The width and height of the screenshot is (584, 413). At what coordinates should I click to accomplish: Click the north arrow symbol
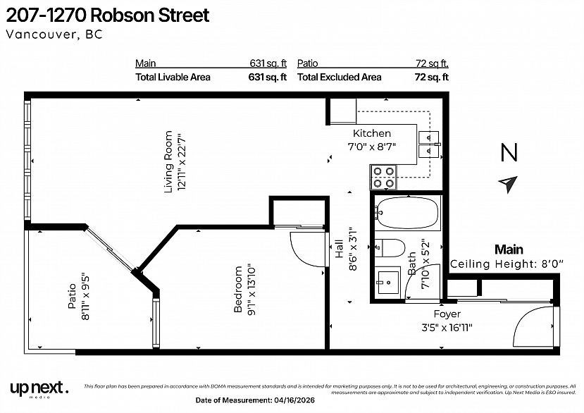pos(507,184)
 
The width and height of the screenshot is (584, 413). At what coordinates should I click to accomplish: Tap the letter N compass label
pos(509,152)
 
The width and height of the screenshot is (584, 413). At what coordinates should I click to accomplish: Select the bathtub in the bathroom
pos(406,214)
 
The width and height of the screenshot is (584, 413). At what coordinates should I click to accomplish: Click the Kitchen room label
pos(371,133)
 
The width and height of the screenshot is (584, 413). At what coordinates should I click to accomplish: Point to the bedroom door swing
pos(304,246)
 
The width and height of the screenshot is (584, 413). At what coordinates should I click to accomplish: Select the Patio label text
pos(71,296)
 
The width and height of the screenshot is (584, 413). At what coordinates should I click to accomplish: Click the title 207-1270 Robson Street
pos(108,16)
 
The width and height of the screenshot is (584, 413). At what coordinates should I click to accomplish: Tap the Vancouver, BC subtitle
pos(54,35)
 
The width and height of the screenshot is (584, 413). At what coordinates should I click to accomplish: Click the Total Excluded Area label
pos(340,78)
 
